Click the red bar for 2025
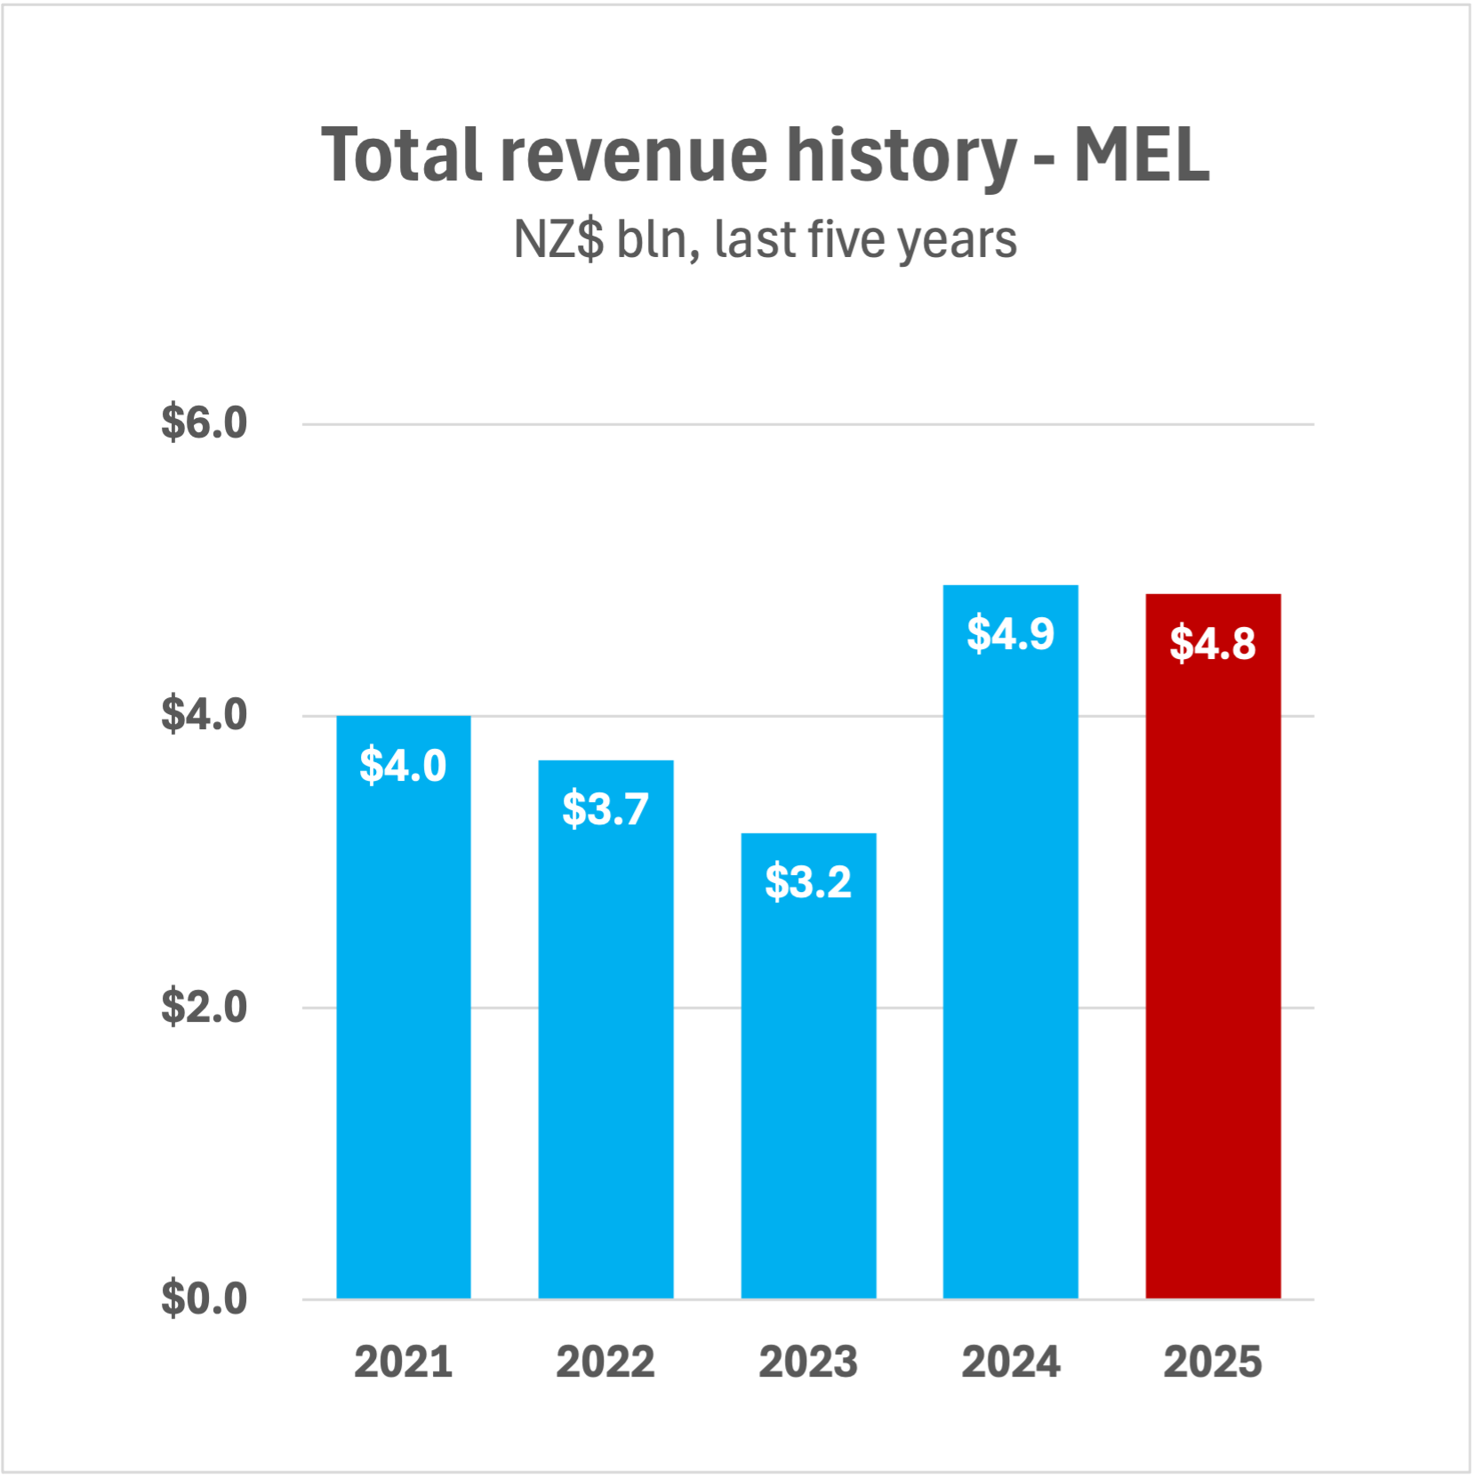pyautogui.click(x=1213, y=978)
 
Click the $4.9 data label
pyautogui.click(x=1010, y=633)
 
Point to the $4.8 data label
pyautogui.click(x=1213, y=643)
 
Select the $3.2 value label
pyautogui.click(x=808, y=881)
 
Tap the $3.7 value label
pyautogui.click(x=605, y=808)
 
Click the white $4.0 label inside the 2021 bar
pyautogui.click(x=403, y=765)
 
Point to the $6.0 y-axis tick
pyautogui.click(x=204, y=422)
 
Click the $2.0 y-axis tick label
pyautogui.click(x=204, y=1007)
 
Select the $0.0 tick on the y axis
pyautogui.click(x=204, y=1298)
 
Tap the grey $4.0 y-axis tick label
pyautogui.click(x=204, y=714)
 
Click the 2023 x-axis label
pyautogui.click(x=808, y=1362)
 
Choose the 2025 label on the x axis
pyautogui.click(x=1213, y=1362)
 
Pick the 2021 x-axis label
pyautogui.click(x=403, y=1362)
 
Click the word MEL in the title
pyautogui.click(x=1142, y=155)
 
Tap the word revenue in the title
pyautogui.click(x=634, y=155)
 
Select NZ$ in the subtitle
pyautogui.click(x=558, y=239)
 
